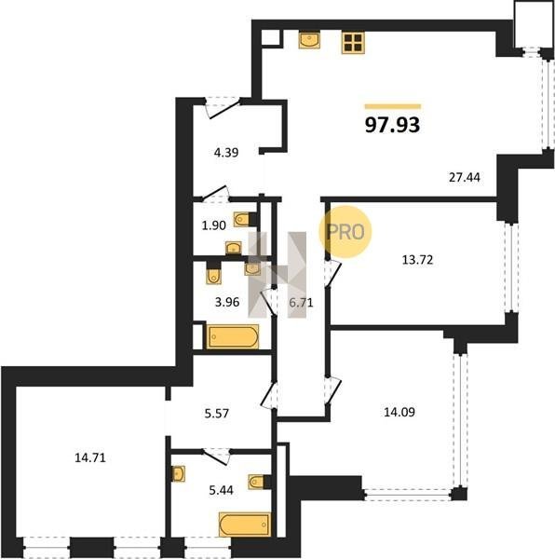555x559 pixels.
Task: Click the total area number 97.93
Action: tap(393, 125)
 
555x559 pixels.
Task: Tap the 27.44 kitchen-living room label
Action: tap(464, 177)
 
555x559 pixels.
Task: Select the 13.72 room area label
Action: tap(417, 260)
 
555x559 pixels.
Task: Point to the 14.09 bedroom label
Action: tap(399, 412)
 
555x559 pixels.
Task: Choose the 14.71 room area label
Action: tap(90, 457)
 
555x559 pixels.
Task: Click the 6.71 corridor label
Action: tap(301, 303)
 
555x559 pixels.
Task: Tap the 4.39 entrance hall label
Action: tap(226, 153)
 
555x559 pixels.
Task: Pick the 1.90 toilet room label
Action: tap(214, 225)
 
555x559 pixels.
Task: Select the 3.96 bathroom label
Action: tap(227, 302)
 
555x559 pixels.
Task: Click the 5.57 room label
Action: tap(217, 414)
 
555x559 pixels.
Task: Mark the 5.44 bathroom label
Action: tap(222, 491)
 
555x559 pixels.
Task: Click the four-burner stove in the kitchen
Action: tap(353, 43)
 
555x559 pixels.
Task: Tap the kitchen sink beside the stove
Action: tap(309, 39)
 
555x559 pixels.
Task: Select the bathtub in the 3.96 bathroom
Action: tap(233, 336)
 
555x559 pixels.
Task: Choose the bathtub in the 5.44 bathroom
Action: tap(245, 525)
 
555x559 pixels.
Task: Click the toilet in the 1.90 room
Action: tap(246, 219)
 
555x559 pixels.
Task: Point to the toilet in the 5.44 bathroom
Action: tap(259, 482)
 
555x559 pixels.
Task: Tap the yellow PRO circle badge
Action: tap(345, 232)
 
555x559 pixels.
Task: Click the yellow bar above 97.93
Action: tap(393, 106)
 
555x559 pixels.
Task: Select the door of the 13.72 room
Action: tap(332, 273)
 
